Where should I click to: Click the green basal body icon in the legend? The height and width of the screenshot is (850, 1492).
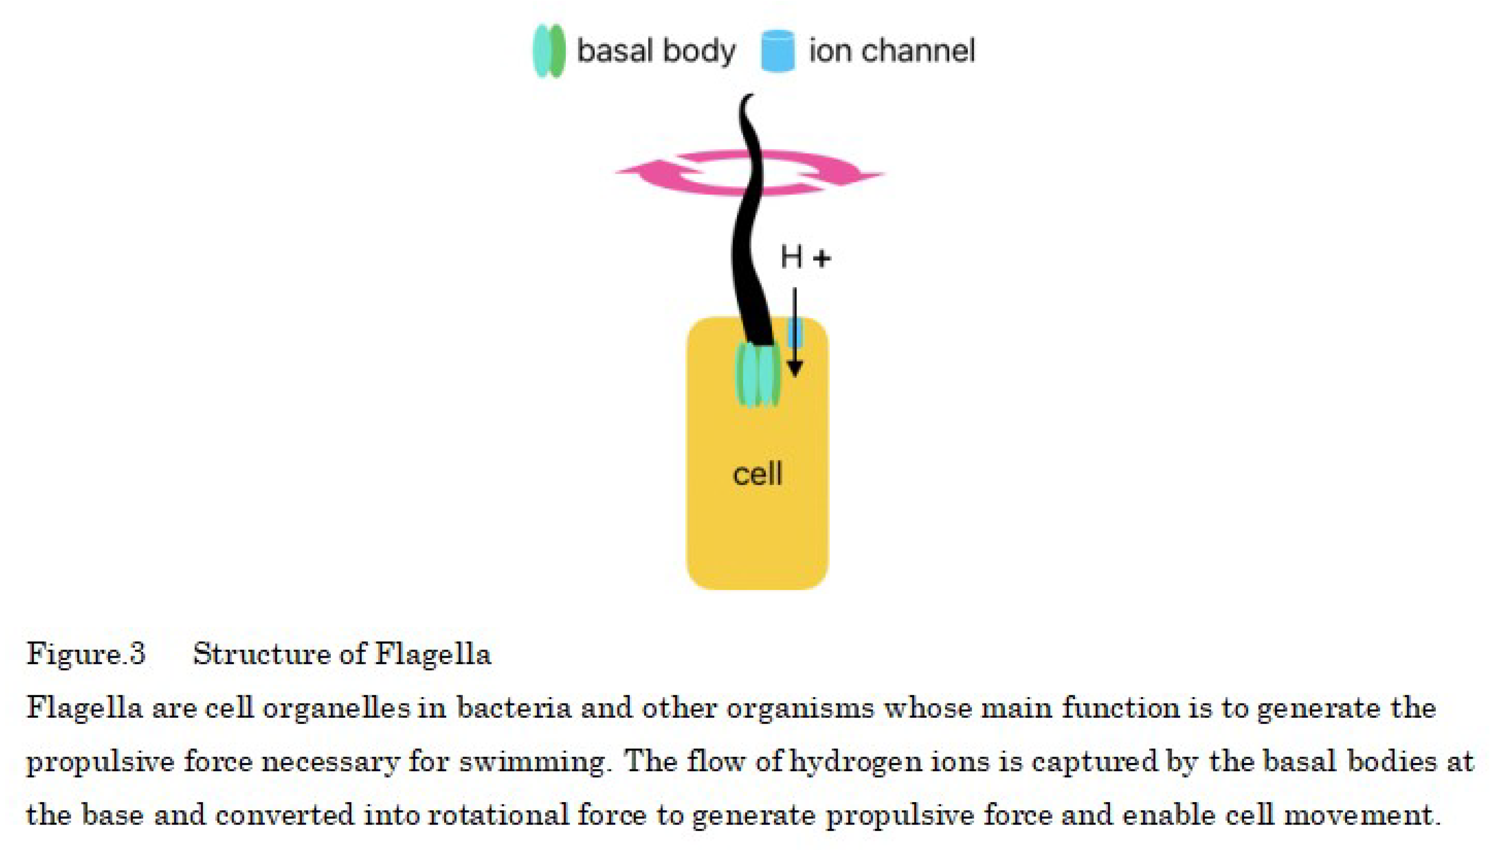[549, 51]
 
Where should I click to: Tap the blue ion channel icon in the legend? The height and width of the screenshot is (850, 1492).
[777, 51]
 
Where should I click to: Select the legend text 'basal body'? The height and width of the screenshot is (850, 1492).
[655, 51]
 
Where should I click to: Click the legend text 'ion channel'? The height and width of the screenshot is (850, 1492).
[891, 51]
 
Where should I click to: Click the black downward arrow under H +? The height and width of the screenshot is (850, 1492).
[794, 333]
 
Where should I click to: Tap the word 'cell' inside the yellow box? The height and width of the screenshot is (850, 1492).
[757, 473]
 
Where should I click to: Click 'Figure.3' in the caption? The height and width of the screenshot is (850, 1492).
[86, 654]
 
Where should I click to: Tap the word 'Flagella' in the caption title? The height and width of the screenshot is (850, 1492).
[433, 654]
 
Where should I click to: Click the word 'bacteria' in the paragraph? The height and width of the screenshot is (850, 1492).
[514, 708]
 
